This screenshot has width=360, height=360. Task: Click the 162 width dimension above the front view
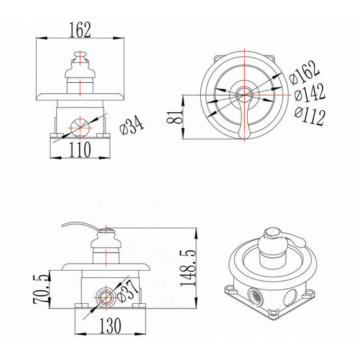point(80,30)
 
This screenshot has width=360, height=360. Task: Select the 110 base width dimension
point(80,149)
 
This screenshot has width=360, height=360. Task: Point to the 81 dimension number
point(174,117)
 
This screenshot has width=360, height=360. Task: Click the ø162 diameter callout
point(304,72)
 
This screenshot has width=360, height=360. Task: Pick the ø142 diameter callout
point(310,93)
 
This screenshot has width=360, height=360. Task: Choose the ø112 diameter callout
point(310,116)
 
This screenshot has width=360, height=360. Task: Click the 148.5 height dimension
point(188,267)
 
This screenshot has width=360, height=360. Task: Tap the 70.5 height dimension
point(42,289)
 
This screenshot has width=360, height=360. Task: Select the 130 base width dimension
point(110,325)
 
